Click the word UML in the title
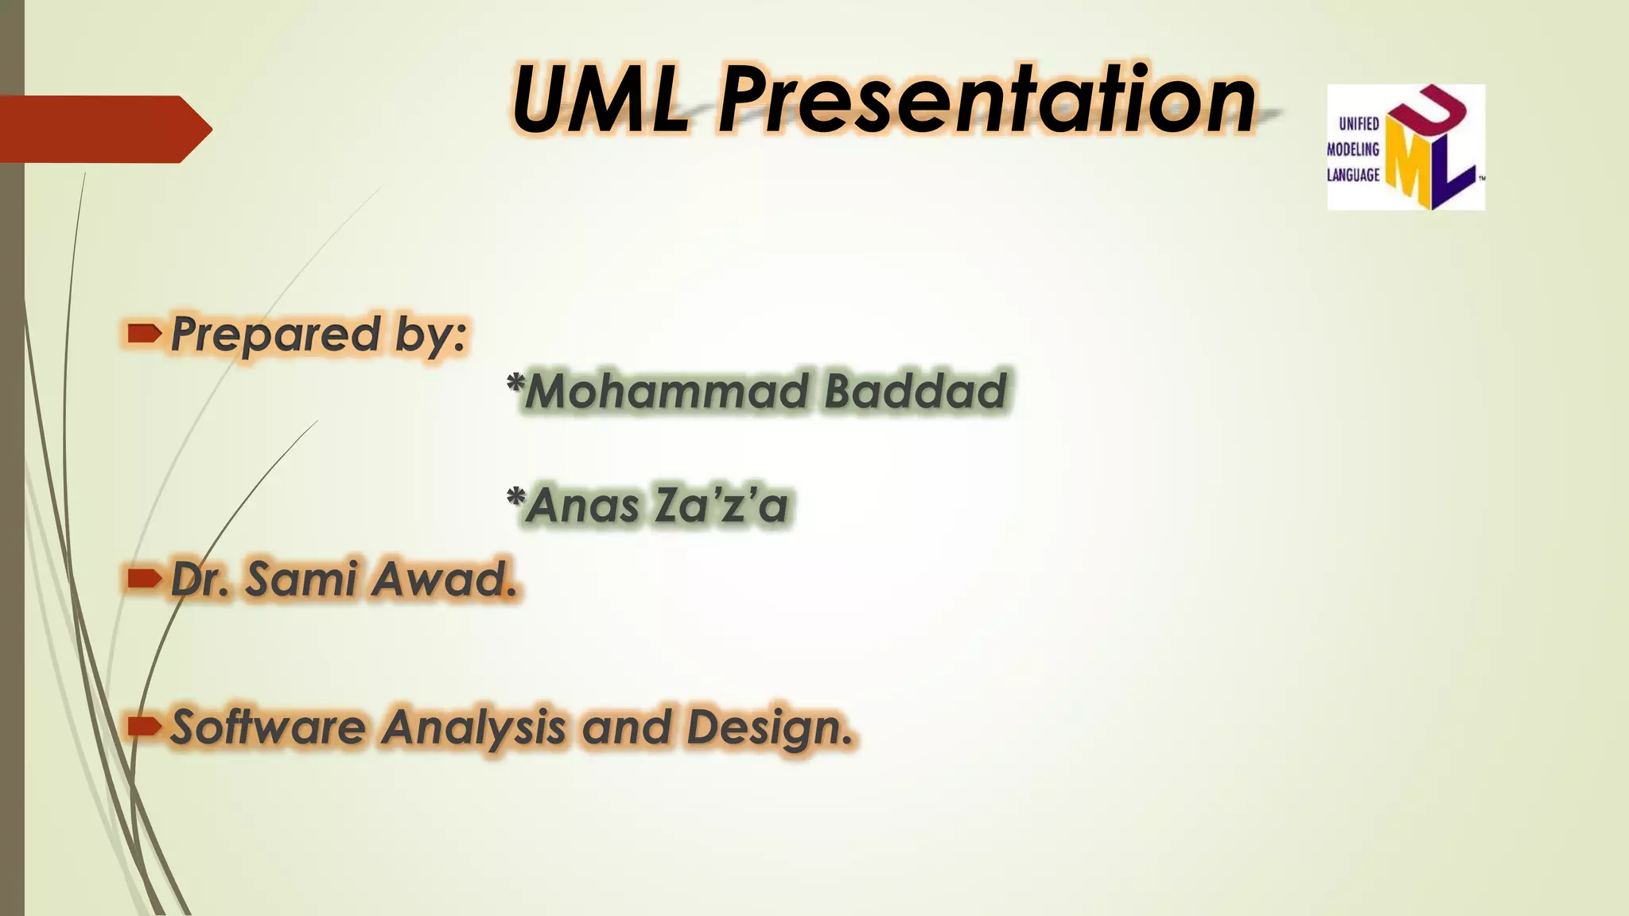pyautogui.click(x=601, y=101)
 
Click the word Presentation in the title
pyautogui.click(x=986, y=101)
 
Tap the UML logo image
pyautogui.click(x=1405, y=147)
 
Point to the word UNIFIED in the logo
pyautogui.click(x=1359, y=124)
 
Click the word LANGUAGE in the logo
pyautogui.click(x=1353, y=175)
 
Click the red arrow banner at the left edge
pyautogui.click(x=103, y=129)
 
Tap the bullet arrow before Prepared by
pyautogui.click(x=144, y=334)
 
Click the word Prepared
pyautogui.click(x=275, y=334)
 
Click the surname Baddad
pyautogui.click(x=915, y=391)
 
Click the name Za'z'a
pyautogui.click(x=721, y=506)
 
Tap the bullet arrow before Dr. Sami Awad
pyautogui.click(x=144, y=578)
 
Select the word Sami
pyautogui.click(x=301, y=578)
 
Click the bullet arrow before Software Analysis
pyautogui.click(x=144, y=726)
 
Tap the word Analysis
pyautogui.click(x=474, y=728)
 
